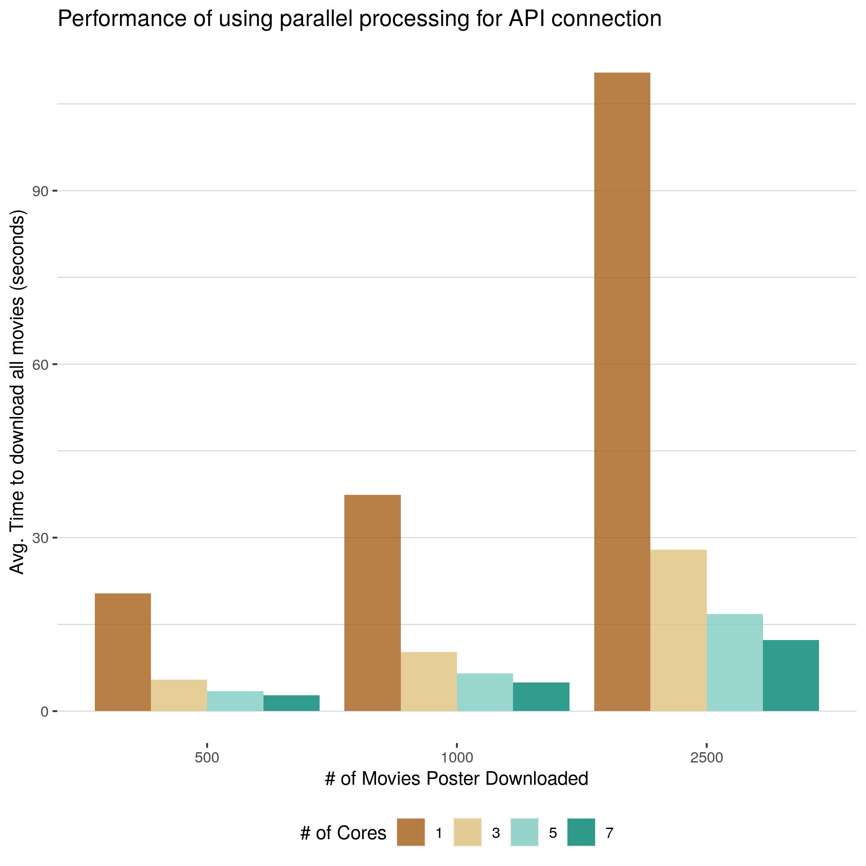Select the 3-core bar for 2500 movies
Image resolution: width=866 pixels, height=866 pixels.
coord(678,630)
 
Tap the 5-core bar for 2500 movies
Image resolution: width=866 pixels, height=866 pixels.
coord(735,662)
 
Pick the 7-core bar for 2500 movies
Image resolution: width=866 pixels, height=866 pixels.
coord(791,675)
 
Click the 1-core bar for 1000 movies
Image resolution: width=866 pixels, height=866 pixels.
coord(372,602)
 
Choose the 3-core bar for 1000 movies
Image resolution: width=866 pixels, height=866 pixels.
coord(428,681)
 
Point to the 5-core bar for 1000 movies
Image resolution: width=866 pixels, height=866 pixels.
coord(485,692)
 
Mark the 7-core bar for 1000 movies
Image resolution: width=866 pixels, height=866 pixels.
coord(541,696)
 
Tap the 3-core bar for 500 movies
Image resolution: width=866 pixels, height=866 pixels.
coord(179,695)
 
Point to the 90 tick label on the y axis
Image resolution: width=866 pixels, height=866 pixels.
coord(40,191)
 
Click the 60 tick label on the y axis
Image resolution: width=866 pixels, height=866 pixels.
coord(40,365)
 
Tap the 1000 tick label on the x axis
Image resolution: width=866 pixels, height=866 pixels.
coord(457,758)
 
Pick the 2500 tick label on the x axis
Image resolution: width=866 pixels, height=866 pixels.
coord(706,758)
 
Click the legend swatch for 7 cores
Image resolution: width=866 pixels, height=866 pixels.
coord(581,832)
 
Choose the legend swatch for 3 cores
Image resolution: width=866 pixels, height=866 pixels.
coord(468,832)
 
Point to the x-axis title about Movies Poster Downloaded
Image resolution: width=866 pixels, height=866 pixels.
coord(457,779)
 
